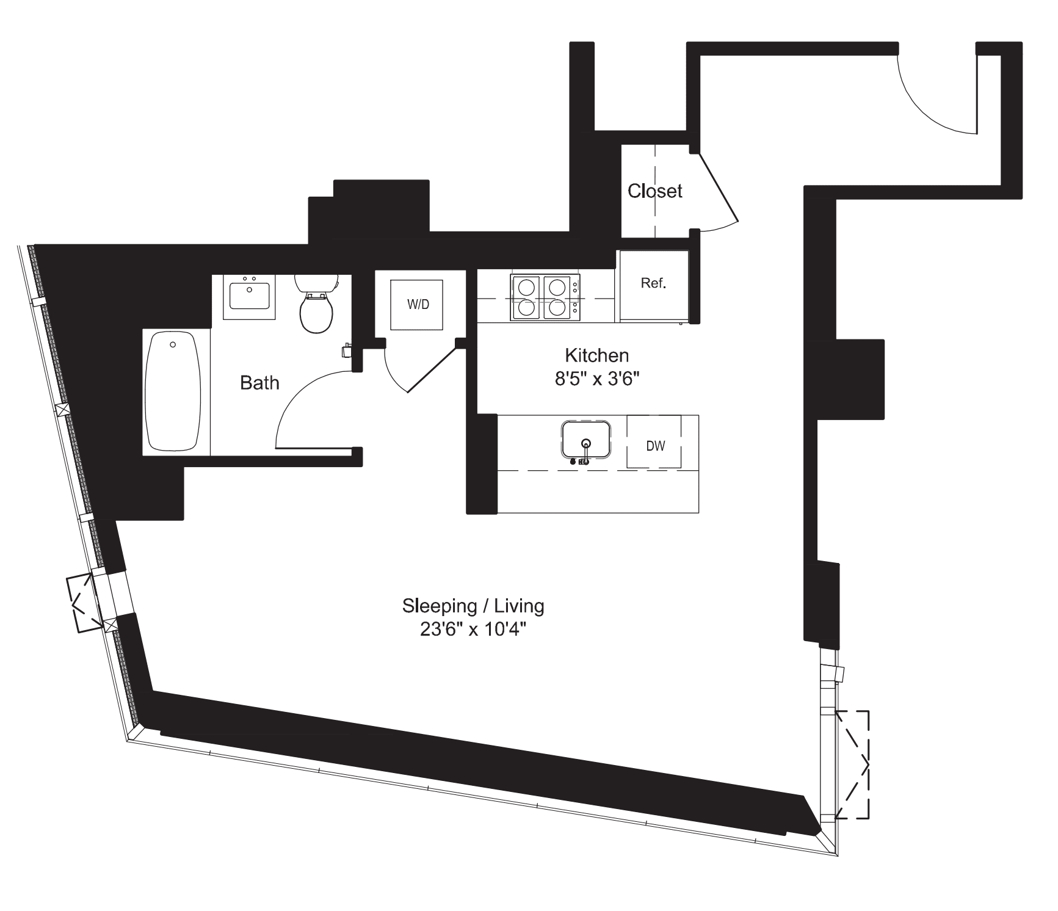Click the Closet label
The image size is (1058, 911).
tap(654, 191)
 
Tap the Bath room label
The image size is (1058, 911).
tap(259, 383)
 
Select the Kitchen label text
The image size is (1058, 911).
tap(596, 355)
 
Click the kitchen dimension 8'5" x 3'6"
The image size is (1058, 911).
tap(596, 379)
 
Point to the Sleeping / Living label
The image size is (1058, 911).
tap(473, 606)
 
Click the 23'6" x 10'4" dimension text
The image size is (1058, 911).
tap(473, 630)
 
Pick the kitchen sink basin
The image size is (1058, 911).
tap(585, 438)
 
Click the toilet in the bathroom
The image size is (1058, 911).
tap(317, 305)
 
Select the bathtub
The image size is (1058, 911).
tap(173, 391)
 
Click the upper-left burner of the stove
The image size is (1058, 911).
tap(526, 286)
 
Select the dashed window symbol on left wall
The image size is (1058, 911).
tap(84, 603)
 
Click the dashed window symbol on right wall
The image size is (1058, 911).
tap(853, 764)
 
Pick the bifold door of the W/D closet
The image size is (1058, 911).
tap(431, 369)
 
